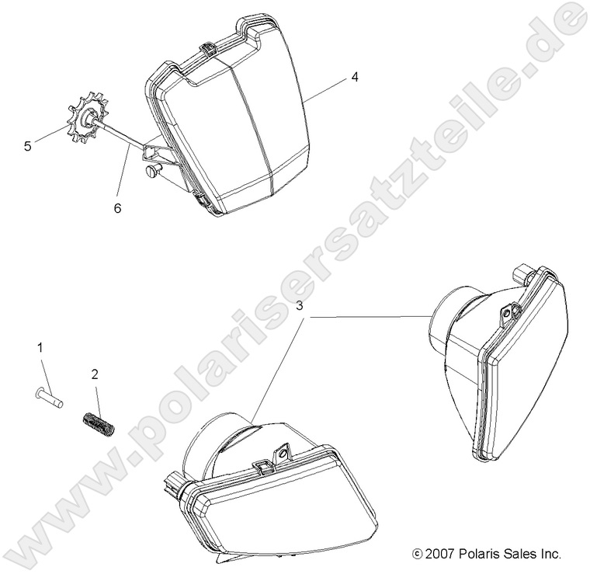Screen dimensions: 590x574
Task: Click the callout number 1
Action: coord(40,348)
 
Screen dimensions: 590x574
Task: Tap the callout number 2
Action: coord(95,374)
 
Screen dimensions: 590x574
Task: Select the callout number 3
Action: coord(299,306)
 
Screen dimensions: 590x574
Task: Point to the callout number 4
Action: coord(355,77)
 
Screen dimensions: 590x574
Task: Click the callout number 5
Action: coord(27,146)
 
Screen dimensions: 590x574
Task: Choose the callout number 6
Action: coord(118,207)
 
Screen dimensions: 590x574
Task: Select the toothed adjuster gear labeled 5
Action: coord(87,119)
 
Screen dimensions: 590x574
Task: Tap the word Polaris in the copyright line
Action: coord(475,554)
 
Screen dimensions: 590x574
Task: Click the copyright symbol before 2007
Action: coord(417,554)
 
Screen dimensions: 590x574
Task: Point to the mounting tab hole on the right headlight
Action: coord(507,313)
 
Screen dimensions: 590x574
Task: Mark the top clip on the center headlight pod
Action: coord(208,48)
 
